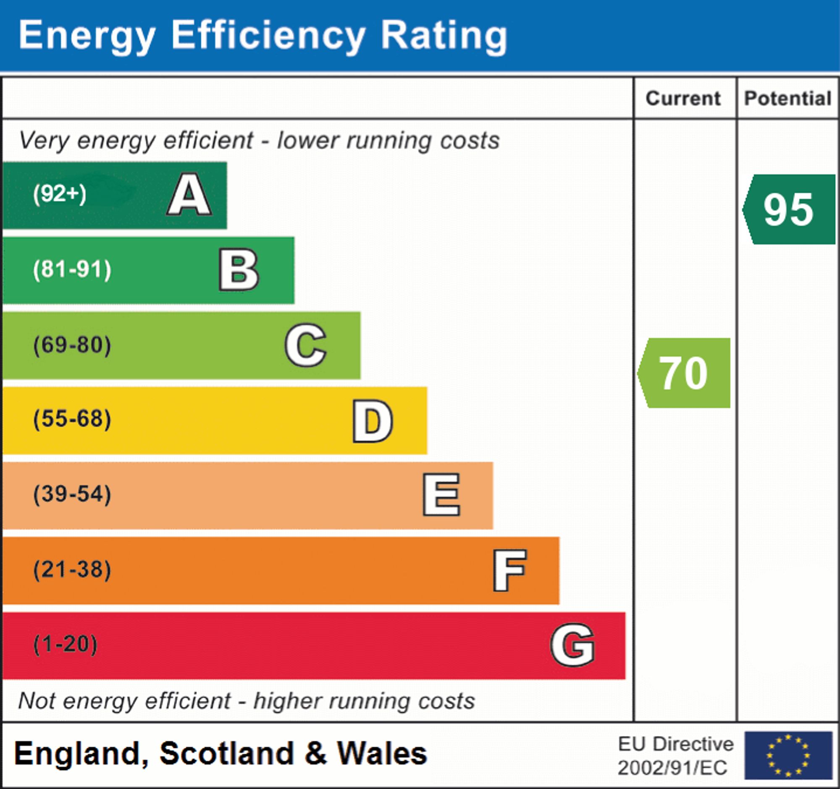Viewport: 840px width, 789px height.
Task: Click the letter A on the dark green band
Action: coord(189,195)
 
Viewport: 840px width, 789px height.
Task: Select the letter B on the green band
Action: coord(239,270)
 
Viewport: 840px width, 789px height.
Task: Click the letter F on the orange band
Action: coord(509,570)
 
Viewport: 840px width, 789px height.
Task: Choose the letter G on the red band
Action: coord(572,645)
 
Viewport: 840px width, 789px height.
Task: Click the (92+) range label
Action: coord(60,195)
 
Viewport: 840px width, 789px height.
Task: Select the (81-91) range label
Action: coord(72,270)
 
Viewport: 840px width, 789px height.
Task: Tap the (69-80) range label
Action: coord(72,345)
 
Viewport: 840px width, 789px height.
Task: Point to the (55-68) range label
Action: coord(72,419)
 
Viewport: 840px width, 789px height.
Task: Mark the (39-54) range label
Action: coord(72,494)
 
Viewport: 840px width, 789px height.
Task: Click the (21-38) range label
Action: coord(72,569)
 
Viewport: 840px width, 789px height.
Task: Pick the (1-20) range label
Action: coord(65,644)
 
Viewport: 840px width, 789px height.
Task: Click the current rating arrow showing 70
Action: coord(685,373)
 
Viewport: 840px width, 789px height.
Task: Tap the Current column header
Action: coord(683,98)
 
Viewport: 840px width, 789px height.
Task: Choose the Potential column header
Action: coord(787,98)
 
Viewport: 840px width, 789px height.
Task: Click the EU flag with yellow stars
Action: coord(788,756)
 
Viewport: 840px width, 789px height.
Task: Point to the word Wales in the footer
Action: coord(382,754)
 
